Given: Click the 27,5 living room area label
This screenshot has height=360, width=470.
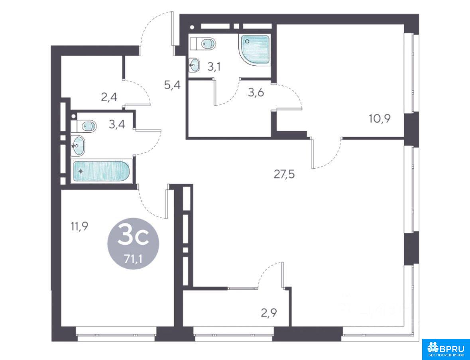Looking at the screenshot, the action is point(285,174).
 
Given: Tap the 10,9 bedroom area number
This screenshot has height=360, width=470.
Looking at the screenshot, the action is point(380,119).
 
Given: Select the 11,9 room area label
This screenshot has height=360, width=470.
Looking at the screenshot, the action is point(79,226).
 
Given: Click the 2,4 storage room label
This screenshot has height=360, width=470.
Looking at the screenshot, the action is point(109,97).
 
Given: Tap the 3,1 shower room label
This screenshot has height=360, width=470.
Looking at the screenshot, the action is point(214,67).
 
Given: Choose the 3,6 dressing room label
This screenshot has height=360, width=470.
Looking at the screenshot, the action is point(256,92).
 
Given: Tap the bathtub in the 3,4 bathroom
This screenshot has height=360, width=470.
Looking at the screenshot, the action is point(101,171).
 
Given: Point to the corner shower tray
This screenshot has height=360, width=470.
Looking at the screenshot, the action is point(254,49).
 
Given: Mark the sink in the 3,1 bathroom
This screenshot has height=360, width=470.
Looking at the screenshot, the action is point(195,65).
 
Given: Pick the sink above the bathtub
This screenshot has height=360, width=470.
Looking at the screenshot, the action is point(78,146).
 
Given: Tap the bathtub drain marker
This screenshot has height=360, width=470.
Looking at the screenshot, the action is point(81,171).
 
